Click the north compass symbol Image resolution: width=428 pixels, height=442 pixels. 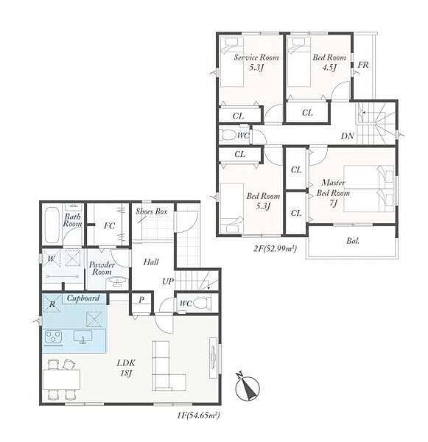point(247,387)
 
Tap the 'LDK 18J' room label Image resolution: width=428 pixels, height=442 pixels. point(126,368)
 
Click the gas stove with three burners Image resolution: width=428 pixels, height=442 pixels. point(54,337)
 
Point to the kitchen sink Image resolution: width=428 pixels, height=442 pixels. point(83,337)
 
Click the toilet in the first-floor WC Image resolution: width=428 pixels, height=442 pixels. point(202,304)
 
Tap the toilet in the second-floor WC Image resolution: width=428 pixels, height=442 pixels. point(228,135)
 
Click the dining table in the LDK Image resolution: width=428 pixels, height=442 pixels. point(62,379)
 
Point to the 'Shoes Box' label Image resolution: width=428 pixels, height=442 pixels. point(152,211)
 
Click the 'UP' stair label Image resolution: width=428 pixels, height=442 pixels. point(168,281)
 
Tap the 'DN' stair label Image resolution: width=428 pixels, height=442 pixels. point(347,136)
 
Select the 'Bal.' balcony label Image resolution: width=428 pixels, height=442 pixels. point(353,241)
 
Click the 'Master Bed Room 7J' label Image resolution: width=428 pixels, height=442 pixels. point(333,193)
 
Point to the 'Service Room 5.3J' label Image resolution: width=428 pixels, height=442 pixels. point(256,62)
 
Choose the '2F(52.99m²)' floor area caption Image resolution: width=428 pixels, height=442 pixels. point(275,249)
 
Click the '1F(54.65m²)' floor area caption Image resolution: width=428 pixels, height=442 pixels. point(198,415)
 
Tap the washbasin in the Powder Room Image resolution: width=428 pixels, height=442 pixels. point(118,282)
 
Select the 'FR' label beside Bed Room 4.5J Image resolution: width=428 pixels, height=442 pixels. point(363,65)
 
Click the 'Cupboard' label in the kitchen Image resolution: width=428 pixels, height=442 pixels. point(83,298)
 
